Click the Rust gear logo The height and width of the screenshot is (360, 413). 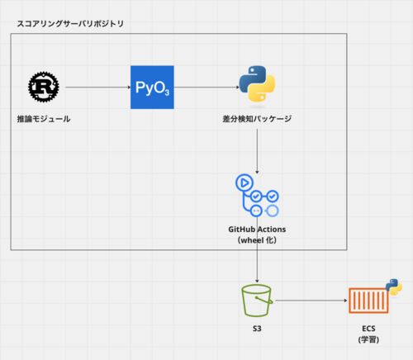(44, 87)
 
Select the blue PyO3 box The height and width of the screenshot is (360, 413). (152, 88)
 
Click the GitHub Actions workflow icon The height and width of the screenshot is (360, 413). (257, 195)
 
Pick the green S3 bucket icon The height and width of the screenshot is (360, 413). (257, 301)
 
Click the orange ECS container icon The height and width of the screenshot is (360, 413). (368, 301)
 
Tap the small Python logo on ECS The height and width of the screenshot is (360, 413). (394, 287)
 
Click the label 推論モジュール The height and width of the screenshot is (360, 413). (44, 119)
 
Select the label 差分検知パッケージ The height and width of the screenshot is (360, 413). (257, 119)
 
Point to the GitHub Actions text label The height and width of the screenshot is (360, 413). (257, 230)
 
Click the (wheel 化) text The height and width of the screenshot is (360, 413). (257, 240)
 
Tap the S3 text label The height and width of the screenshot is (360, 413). (257, 329)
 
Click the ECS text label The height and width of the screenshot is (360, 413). (368, 329)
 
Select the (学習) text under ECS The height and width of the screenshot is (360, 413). (368, 339)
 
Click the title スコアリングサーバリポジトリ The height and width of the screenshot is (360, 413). (70, 24)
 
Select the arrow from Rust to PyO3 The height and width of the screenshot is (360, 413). (98, 88)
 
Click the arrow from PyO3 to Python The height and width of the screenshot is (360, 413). (206, 88)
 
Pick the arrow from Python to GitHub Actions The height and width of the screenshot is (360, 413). (257, 151)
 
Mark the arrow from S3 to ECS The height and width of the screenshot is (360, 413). (311, 301)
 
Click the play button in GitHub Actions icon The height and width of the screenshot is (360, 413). (244, 182)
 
